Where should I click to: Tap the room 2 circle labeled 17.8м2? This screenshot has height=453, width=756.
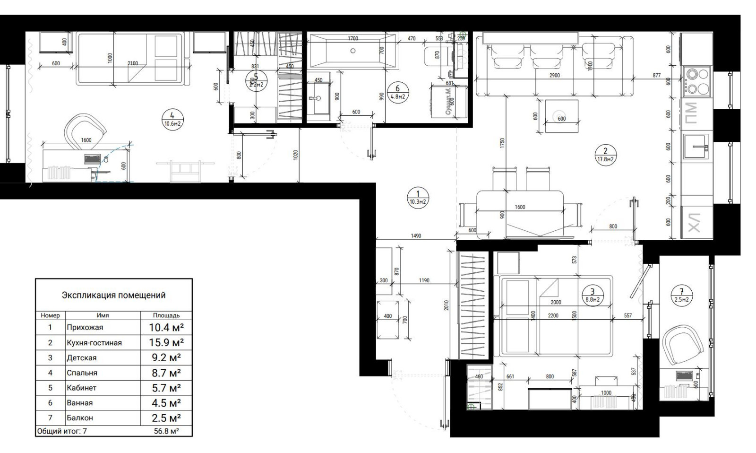[605, 155]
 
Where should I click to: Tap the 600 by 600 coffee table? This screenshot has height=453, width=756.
[561, 116]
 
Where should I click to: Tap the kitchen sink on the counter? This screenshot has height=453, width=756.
[696, 147]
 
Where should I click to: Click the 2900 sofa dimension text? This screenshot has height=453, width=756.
[555, 76]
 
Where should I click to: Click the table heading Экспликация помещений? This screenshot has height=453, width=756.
[113, 296]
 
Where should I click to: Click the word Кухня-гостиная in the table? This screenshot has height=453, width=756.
[94, 343]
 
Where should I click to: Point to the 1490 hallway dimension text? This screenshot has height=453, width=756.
[416, 235]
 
